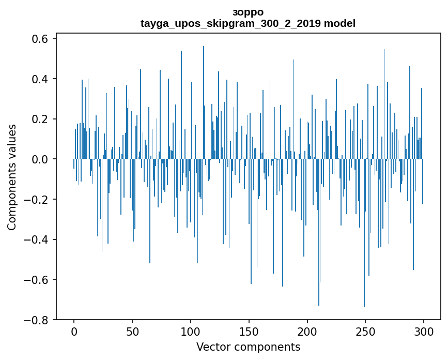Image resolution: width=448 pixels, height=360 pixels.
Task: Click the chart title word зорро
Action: [x=248, y=12]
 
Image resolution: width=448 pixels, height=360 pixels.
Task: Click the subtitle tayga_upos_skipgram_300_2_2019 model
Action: [x=248, y=24]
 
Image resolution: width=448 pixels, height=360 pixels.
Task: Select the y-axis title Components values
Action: [x=12, y=177]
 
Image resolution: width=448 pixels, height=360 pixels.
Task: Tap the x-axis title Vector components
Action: [x=248, y=347]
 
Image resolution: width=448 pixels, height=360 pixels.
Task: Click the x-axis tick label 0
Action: [x=74, y=331]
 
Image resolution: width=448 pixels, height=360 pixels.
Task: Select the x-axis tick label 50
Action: [x=132, y=331]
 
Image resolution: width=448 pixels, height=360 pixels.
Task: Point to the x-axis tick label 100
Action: [x=191, y=331]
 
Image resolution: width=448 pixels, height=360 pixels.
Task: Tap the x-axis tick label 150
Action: [x=249, y=331]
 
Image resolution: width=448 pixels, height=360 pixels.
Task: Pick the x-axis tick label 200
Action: [x=307, y=331]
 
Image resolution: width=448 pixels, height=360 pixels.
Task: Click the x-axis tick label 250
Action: [x=365, y=331]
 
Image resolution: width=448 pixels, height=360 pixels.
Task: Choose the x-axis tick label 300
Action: [x=424, y=331]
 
